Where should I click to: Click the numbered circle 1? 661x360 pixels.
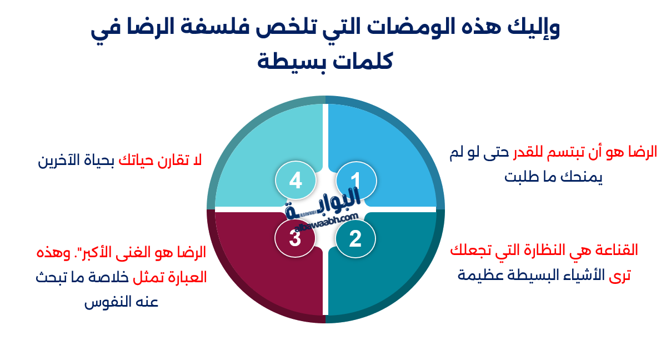[356, 181]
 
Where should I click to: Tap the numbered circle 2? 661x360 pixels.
[355, 239]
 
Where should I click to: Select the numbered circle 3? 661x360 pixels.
[295, 239]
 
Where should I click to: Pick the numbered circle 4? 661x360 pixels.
[296, 181]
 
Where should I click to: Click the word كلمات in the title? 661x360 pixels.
[363, 59]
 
